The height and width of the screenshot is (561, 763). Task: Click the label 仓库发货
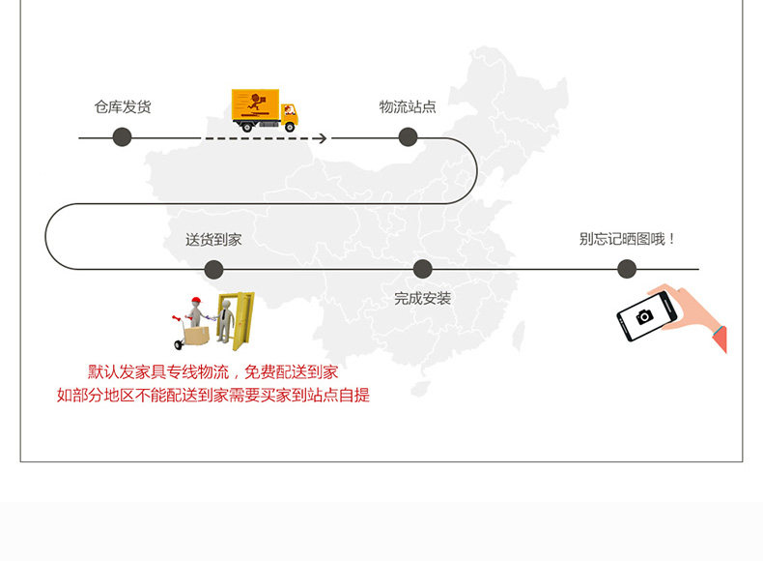pyautogui.click(x=123, y=107)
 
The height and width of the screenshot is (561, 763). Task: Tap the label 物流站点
pyautogui.click(x=407, y=106)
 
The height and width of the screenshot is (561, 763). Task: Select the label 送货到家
pyautogui.click(x=213, y=240)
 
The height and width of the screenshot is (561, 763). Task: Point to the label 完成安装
pyautogui.click(x=422, y=299)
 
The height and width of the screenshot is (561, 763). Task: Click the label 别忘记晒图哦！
pyautogui.click(x=628, y=239)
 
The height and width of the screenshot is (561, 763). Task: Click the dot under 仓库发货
pyautogui.click(x=122, y=137)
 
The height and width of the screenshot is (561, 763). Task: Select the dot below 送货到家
pyautogui.click(x=213, y=269)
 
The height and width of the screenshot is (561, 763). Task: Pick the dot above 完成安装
pyautogui.click(x=422, y=269)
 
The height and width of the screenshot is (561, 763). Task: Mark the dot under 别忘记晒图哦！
pyautogui.click(x=627, y=269)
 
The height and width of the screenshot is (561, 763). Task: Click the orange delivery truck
pyautogui.click(x=264, y=109)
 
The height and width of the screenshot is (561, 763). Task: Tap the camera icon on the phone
pyautogui.click(x=643, y=317)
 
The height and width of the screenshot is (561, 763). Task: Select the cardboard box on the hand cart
pyautogui.click(x=196, y=335)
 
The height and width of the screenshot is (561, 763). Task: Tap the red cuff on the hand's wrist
pyautogui.click(x=719, y=339)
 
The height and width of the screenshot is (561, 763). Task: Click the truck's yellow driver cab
pyautogui.click(x=289, y=113)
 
